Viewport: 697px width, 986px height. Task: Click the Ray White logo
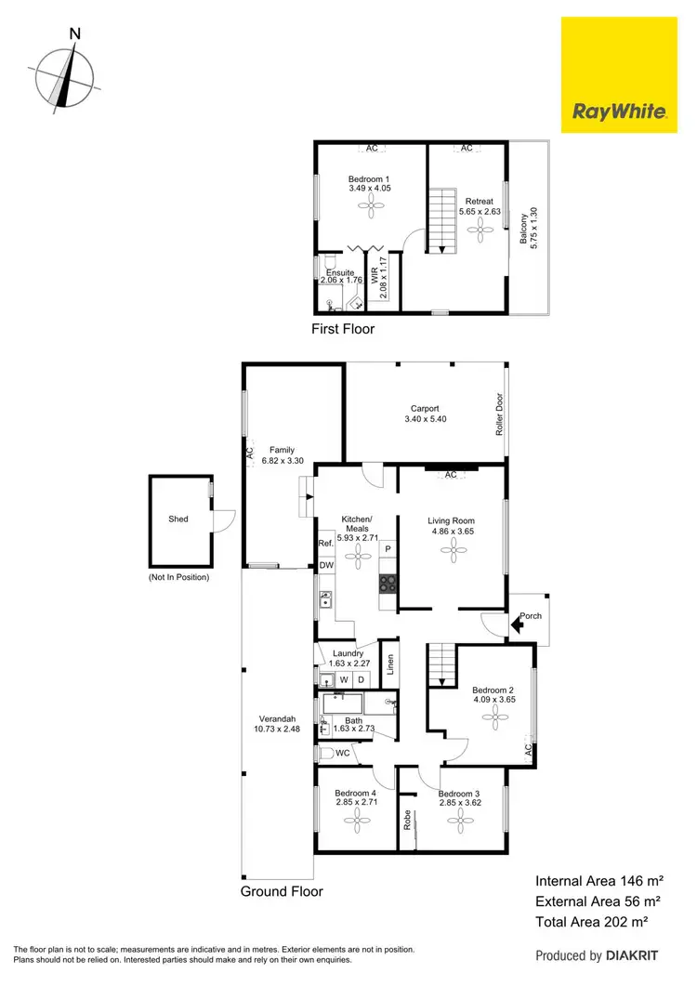click(x=620, y=77)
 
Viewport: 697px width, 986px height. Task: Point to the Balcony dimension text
click(x=529, y=226)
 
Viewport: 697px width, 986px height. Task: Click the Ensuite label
click(x=340, y=273)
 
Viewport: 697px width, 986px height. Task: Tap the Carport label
click(x=425, y=414)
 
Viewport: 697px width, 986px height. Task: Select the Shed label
click(x=178, y=519)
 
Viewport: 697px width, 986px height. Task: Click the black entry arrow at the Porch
click(x=518, y=626)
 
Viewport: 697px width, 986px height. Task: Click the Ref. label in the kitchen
click(x=325, y=544)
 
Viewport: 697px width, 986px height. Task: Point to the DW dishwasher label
click(x=325, y=565)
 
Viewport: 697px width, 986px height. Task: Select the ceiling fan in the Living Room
click(x=453, y=552)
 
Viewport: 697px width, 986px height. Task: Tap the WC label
click(x=341, y=753)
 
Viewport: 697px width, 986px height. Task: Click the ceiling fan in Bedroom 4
click(x=357, y=819)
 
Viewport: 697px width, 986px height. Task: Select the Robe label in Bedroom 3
click(x=407, y=820)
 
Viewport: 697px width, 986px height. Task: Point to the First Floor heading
click(x=344, y=328)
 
